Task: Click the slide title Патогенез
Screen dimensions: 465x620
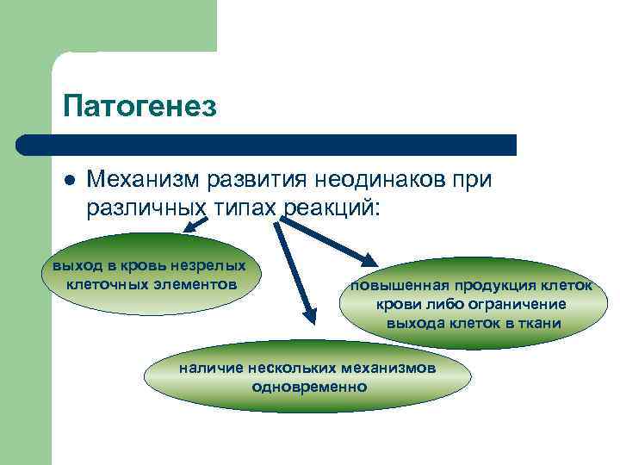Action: click(139, 106)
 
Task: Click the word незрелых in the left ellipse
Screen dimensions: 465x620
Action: click(207, 265)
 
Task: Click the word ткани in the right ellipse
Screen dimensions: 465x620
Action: click(541, 324)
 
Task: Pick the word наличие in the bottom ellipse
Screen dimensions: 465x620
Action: click(207, 369)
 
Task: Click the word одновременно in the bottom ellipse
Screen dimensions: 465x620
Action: click(308, 387)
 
